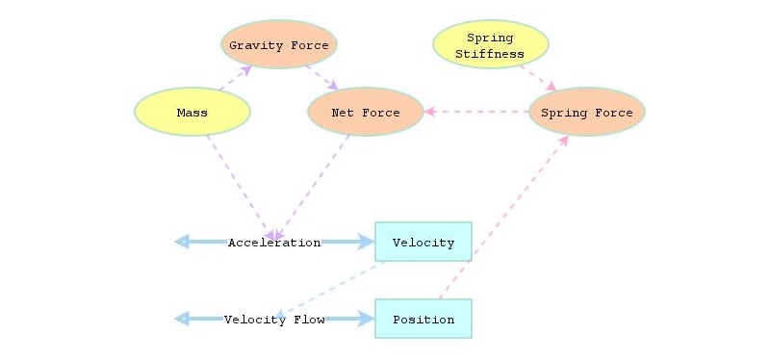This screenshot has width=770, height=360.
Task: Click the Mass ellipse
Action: click(192, 112)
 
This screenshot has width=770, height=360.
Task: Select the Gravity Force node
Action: click(279, 44)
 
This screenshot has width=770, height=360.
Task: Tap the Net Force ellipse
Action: click(366, 112)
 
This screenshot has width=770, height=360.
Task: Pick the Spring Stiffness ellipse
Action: click(491, 44)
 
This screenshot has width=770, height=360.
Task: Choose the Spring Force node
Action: click(587, 112)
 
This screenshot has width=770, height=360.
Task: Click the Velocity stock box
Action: click(423, 242)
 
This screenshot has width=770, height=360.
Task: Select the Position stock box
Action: click(423, 319)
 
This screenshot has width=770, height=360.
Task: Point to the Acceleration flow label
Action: click(274, 243)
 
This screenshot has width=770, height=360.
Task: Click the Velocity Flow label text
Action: click(274, 320)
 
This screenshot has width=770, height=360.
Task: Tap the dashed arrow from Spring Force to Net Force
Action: click(477, 112)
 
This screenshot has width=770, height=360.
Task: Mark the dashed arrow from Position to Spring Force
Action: click(502, 218)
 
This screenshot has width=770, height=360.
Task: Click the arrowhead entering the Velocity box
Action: click(367, 242)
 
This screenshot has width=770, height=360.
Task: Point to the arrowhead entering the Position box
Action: click(367, 319)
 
